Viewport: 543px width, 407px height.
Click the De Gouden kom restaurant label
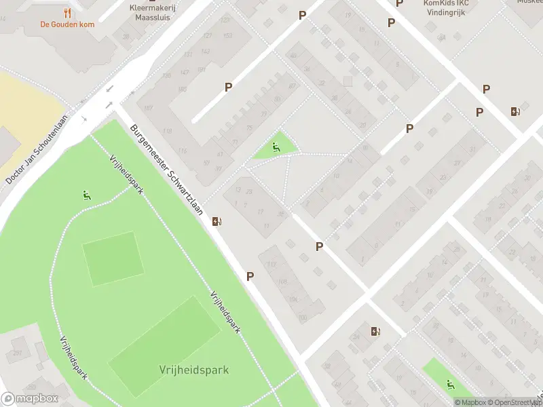tap(66, 24)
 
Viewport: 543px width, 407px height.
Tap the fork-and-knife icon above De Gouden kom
tap(67, 13)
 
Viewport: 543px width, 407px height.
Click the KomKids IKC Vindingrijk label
tap(446, 7)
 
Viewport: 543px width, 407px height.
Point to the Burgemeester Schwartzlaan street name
tap(167, 170)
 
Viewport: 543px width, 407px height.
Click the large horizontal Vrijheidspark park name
tap(193, 370)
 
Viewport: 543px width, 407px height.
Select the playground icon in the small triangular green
tap(276, 147)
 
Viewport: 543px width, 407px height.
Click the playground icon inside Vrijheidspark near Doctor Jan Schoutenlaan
tap(86, 196)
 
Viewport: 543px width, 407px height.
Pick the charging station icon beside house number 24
tap(375, 331)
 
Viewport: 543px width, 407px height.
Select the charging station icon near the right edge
tap(516, 111)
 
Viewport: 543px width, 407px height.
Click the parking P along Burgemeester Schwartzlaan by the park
tap(250, 276)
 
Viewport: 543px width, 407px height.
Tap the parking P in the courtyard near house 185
tap(229, 87)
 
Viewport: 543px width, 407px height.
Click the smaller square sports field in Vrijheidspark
tap(113, 258)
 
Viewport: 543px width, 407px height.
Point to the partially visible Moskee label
tap(529, 2)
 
